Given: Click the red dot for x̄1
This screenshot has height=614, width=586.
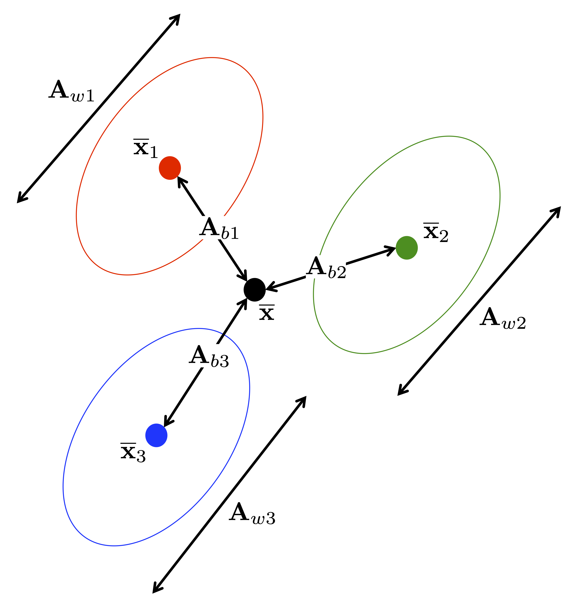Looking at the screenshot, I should pos(170,168).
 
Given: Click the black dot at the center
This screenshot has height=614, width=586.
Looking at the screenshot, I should pos(255,290).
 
